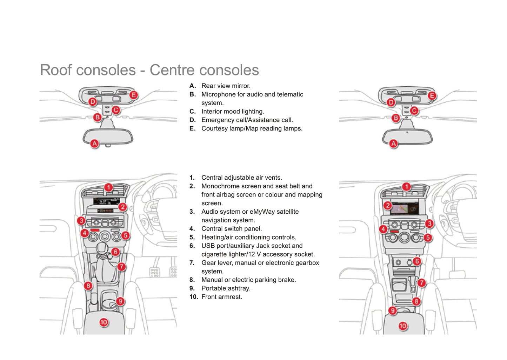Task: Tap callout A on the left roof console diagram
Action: (x=94, y=144)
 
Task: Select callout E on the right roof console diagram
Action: (x=432, y=95)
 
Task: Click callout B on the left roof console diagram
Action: (x=98, y=117)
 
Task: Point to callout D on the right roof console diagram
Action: (x=391, y=102)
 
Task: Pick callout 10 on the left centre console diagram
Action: (x=104, y=322)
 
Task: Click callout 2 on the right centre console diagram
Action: (x=387, y=206)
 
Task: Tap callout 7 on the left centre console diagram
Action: (x=121, y=267)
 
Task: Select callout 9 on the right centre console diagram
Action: (x=393, y=311)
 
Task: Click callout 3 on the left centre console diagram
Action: (x=81, y=221)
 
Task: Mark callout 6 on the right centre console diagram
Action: (x=417, y=261)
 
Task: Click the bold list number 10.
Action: (x=193, y=297)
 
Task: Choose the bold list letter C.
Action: (x=192, y=112)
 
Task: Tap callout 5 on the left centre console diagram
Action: (x=125, y=235)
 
